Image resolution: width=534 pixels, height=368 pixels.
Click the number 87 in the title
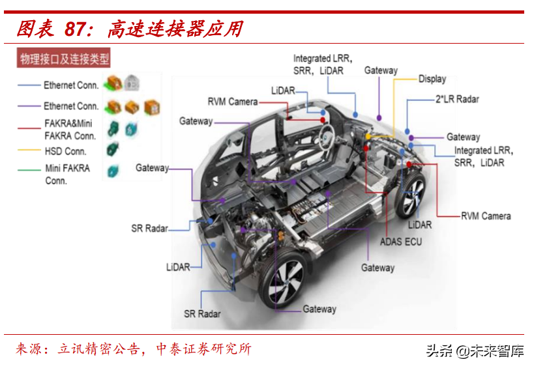click(x=77, y=29)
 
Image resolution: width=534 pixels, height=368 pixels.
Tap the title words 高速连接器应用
click(x=175, y=29)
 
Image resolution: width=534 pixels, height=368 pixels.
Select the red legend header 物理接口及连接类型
click(x=64, y=60)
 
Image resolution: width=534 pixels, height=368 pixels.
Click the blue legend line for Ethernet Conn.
click(x=29, y=85)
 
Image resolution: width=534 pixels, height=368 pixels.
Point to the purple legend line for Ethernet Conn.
click(x=29, y=106)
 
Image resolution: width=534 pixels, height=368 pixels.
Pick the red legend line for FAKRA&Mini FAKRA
click(x=29, y=128)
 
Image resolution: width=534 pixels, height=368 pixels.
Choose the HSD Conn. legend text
click(x=66, y=151)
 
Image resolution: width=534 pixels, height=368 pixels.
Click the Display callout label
click(x=432, y=79)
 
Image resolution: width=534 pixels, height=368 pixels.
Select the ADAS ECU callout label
click(x=400, y=242)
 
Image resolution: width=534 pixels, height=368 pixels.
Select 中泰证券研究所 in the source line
click(x=204, y=349)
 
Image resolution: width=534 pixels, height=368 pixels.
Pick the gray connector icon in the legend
click(x=133, y=83)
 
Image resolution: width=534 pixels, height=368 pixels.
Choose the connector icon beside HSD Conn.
click(x=113, y=149)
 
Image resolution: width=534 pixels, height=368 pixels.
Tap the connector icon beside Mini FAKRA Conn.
click(x=113, y=171)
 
